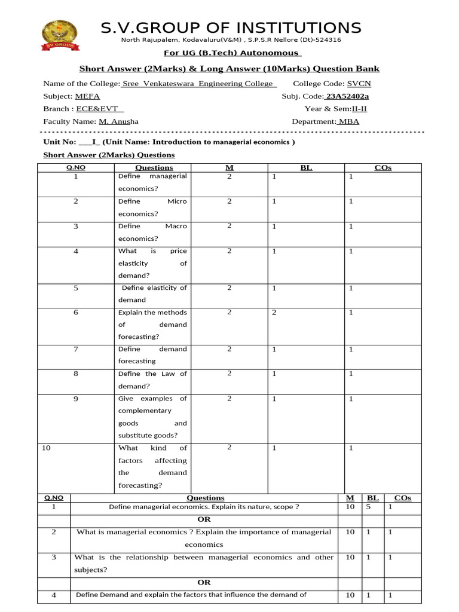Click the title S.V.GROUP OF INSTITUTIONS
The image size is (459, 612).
231,27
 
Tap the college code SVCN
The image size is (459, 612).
359,84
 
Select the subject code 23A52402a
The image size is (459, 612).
347,96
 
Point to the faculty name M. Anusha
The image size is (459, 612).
118,121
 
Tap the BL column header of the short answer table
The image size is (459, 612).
306,168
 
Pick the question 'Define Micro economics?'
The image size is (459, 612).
152,207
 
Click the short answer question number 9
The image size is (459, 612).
76,399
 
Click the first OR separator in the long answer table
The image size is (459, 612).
204,519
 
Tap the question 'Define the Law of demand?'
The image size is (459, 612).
152,380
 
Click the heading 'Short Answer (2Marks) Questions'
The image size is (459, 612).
109,155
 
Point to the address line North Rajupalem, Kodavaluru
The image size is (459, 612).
231,40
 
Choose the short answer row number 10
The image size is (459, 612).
45,448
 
